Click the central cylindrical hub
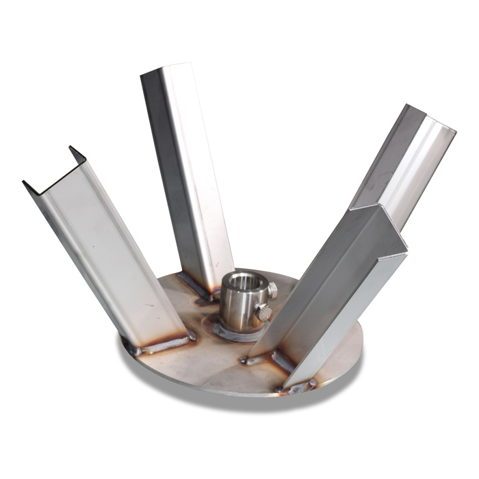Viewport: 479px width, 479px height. [239, 305]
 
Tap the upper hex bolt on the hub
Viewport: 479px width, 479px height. [272, 291]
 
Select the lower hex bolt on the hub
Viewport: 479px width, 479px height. [263, 313]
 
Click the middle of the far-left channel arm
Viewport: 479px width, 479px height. [103, 253]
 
